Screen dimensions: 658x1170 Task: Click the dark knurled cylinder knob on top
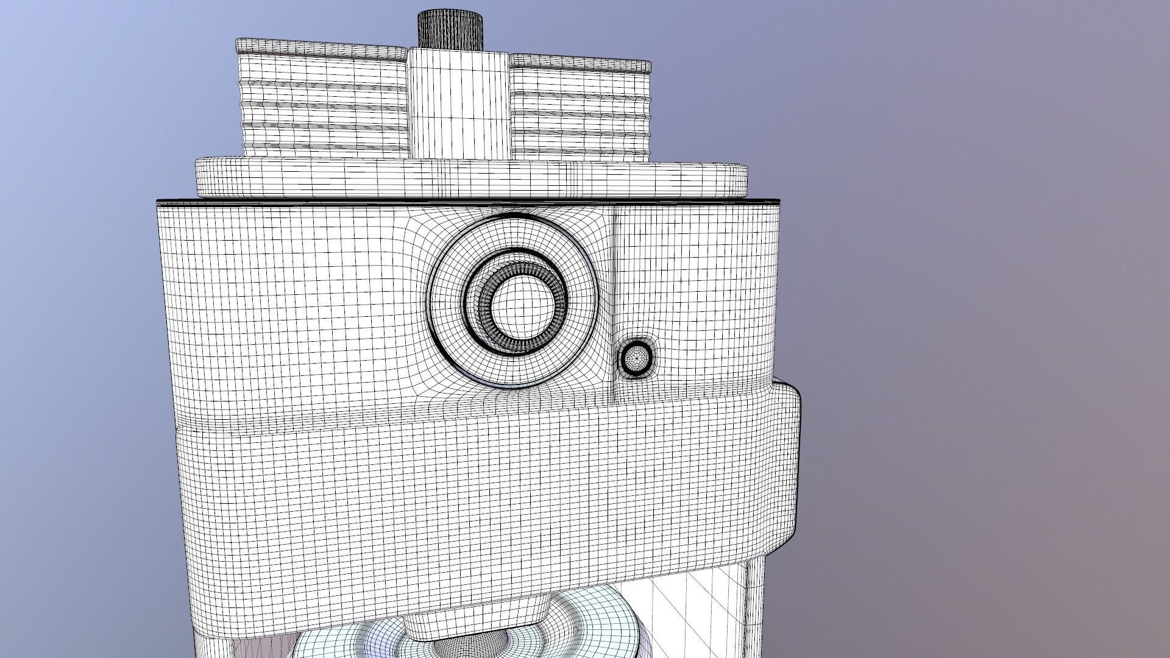point(450,29)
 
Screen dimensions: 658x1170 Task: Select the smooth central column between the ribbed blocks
point(459,104)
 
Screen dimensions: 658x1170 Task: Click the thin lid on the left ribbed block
point(320,48)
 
